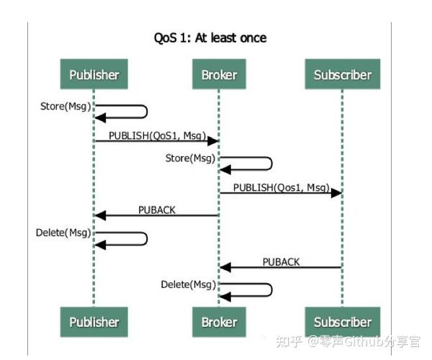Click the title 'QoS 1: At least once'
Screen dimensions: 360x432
(x=210, y=37)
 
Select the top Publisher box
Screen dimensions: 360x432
(x=94, y=74)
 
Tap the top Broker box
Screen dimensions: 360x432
(x=218, y=74)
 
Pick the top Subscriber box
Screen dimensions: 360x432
(x=342, y=74)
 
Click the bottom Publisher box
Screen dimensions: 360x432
(x=94, y=322)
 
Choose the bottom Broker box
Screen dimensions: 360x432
(x=218, y=322)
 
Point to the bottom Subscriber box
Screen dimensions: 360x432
(x=342, y=322)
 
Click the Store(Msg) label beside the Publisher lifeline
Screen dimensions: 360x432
(x=66, y=107)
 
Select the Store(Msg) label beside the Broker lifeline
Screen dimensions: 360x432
(x=190, y=158)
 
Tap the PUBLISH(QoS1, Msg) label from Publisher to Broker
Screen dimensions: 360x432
(x=156, y=135)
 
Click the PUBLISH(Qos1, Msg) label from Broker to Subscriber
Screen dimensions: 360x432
(x=281, y=187)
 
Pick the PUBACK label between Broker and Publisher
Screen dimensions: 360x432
(x=156, y=210)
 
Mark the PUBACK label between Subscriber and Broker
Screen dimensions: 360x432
(x=281, y=261)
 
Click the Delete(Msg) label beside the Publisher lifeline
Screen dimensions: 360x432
(x=64, y=233)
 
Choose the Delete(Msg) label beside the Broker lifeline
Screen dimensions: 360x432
(x=189, y=285)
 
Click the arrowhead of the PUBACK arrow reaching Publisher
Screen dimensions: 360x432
(x=101, y=215)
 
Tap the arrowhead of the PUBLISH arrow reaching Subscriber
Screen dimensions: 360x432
(x=336, y=193)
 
